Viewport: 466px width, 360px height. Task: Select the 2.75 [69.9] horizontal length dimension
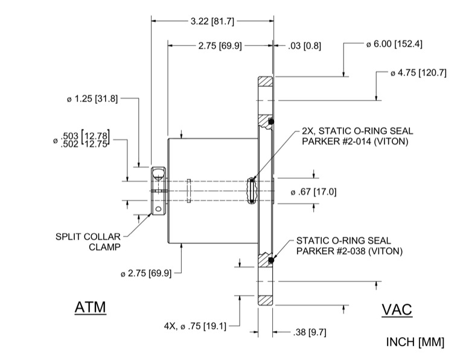click(x=220, y=45)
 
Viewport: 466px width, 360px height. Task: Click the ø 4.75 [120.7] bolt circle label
click(x=418, y=73)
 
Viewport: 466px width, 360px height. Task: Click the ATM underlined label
click(x=90, y=307)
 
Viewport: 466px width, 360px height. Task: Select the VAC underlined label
click(x=397, y=310)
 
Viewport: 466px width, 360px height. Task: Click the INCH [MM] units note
click(x=415, y=342)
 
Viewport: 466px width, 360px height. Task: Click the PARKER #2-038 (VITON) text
click(x=349, y=251)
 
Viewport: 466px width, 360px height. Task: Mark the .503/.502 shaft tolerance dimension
click(x=84, y=140)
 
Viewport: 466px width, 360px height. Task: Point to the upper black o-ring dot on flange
click(x=272, y=122)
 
